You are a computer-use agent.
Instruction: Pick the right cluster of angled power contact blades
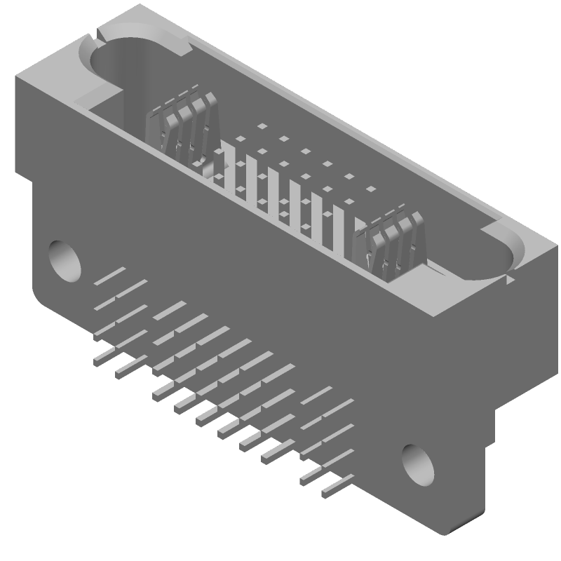(390, 242)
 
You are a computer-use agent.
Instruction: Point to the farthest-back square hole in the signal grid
(262, 127)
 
